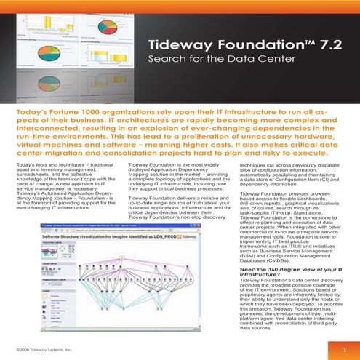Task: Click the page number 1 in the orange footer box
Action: pos(344,351)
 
